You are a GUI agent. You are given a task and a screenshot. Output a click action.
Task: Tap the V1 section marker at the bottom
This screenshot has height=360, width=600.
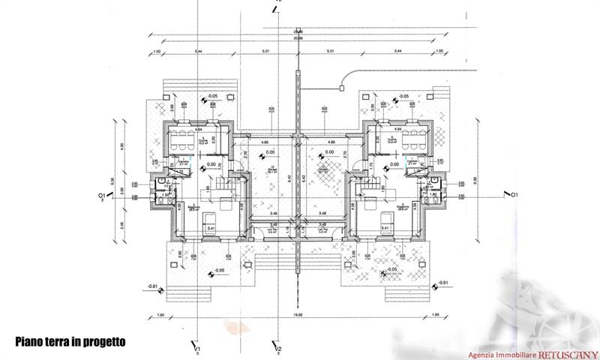pos(196,349)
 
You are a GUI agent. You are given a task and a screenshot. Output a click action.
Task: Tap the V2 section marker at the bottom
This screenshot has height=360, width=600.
pos(277,349)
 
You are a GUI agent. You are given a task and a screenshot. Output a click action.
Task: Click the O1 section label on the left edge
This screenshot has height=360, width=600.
pos(100,196)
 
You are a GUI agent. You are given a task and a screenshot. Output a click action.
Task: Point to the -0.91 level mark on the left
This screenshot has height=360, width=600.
pos(153,286)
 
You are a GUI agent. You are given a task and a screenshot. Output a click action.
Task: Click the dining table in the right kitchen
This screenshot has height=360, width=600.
pos(414,138)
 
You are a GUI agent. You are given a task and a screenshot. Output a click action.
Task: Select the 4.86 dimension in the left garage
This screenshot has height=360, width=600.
pos(264,142)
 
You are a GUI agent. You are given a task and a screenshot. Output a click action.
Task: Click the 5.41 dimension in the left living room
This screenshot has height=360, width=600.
pos(211,228)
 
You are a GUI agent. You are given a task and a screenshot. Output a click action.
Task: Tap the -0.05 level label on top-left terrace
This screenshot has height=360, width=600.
pos(213,97)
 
